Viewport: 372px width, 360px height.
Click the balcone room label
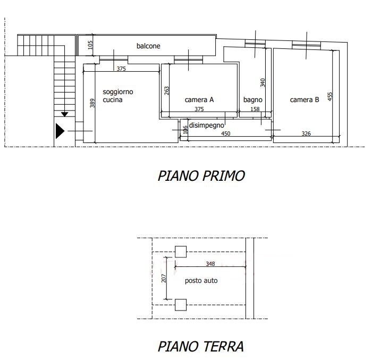point(148,46)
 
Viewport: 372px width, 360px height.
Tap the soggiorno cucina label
point(117,96)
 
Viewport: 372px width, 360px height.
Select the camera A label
point(199,100)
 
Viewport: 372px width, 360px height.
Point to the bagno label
point(253,100)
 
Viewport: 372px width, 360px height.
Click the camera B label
point(305,100)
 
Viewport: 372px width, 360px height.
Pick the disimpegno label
point(206,125)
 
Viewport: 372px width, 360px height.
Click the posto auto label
point(201,281)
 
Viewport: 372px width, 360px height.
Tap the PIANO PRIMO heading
point(201,176)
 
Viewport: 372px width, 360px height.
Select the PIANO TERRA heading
point(201,346)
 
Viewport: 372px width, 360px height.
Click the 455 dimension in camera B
point(330,96)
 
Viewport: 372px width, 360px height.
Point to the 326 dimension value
point(306,133)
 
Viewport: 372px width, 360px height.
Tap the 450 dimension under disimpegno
point(226,133)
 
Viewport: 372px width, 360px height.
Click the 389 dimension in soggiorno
point(92,103)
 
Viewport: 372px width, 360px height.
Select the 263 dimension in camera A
point(167,91)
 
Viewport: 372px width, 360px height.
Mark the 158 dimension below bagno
point(255,109)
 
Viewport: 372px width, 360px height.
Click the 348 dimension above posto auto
point(210,264)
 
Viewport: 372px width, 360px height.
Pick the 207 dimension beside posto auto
point(164,278)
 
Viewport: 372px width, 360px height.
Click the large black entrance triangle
point(60,131)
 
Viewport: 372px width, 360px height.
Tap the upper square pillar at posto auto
point(181,252)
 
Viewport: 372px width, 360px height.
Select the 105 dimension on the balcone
point(90,45)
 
